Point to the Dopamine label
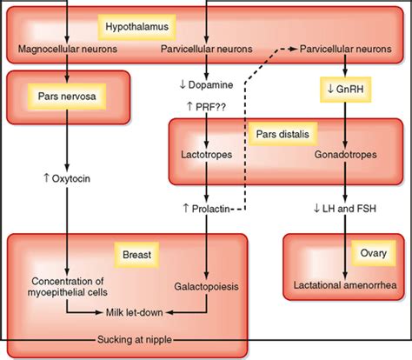205,85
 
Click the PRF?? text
206,106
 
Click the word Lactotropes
206,155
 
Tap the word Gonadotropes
346,155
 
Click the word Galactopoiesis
206,286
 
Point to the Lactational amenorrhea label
345,285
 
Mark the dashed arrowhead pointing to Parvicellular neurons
293,49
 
